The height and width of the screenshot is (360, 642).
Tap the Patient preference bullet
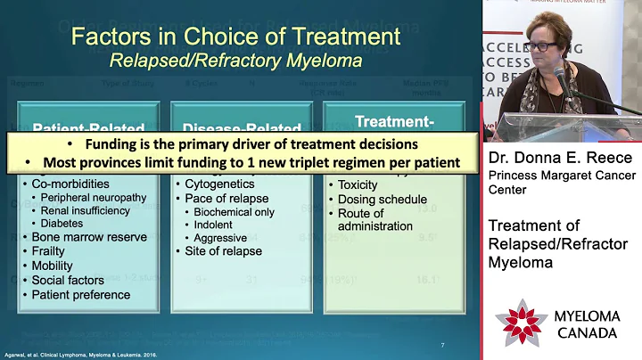pyautogui.click(x=81, y=294)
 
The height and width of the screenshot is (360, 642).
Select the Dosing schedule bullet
pyautogui.click(x=383, y=199)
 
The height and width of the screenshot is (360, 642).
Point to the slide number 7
pyautogui.click(x=442, y=346)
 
